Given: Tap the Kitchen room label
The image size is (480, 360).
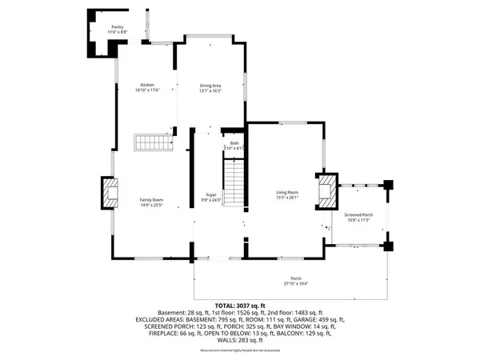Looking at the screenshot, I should (147, 85).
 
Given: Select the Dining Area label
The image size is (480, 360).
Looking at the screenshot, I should (210, 85).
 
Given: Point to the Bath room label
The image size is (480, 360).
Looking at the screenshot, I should (235, 143).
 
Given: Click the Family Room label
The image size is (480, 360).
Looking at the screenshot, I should (152, 199).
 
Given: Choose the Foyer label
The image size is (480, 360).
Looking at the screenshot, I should (211, 194).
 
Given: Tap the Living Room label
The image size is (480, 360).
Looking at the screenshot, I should (287, 192).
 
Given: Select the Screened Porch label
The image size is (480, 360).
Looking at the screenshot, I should (358, 214).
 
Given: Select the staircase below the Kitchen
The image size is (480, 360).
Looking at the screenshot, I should (153, 143).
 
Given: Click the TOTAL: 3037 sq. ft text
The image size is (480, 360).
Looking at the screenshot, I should (240, 306).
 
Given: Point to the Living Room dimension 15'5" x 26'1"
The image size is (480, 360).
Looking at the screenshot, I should (287, 198).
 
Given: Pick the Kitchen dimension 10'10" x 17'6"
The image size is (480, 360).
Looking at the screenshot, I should (147, 90).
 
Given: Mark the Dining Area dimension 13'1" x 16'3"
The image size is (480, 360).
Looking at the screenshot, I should (210, 90).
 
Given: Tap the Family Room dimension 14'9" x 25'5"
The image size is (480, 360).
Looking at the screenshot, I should (152, 205).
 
